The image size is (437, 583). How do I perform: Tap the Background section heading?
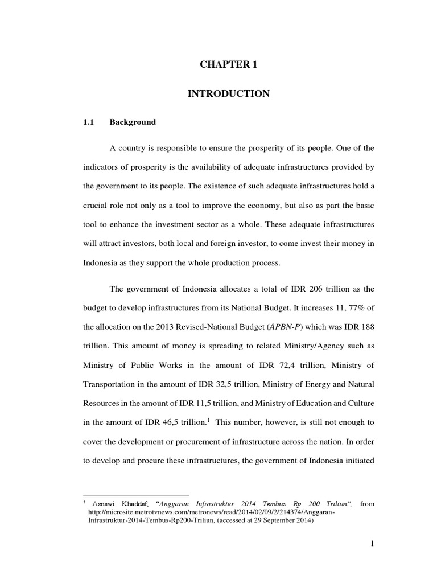click(133, 122)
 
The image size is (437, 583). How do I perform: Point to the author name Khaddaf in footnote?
click(130, 504)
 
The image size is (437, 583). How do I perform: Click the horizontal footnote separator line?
click(136, 495)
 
